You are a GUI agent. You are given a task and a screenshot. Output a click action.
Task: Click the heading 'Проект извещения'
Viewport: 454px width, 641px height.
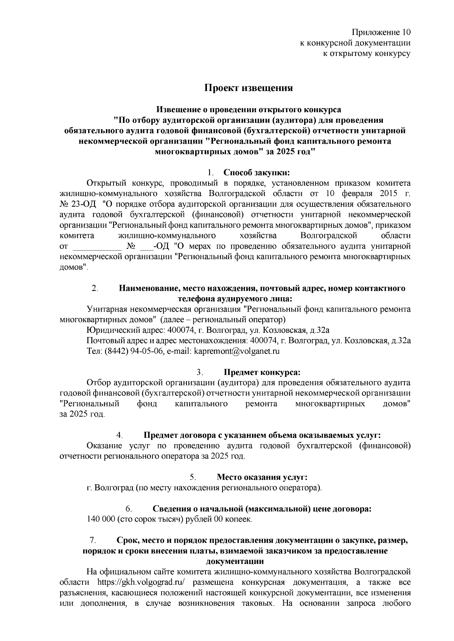(x=249, y=88)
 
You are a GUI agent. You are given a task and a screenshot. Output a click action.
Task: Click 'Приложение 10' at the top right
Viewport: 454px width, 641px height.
(x=381, y=32)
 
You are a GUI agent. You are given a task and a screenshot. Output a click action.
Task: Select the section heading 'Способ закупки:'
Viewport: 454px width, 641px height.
(x=257, y=173)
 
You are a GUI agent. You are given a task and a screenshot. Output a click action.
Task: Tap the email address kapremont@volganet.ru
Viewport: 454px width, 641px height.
(x=236, y=351)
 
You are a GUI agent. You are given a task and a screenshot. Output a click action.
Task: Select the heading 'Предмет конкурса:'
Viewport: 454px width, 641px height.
(x=262, y=372)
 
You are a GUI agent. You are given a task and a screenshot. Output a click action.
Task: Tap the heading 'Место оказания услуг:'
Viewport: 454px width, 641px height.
(x=261, y=477)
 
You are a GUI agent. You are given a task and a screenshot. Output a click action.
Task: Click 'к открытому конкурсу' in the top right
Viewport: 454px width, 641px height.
(x=366, y=54)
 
